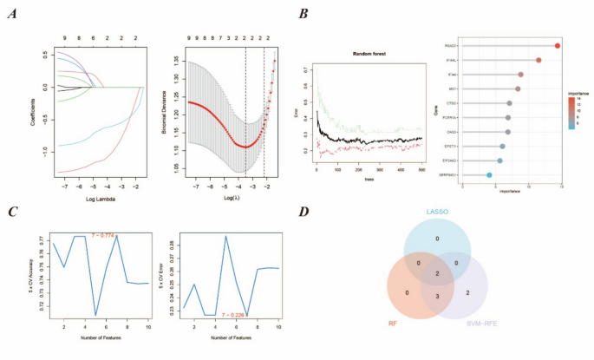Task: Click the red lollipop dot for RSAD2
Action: (x=558, y=46)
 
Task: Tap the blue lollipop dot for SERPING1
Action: (x=489, y=175)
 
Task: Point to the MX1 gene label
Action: (x=453, y=88)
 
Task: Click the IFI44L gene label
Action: (x=452, y=60)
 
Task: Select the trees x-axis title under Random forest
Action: (x=370, y=179)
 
